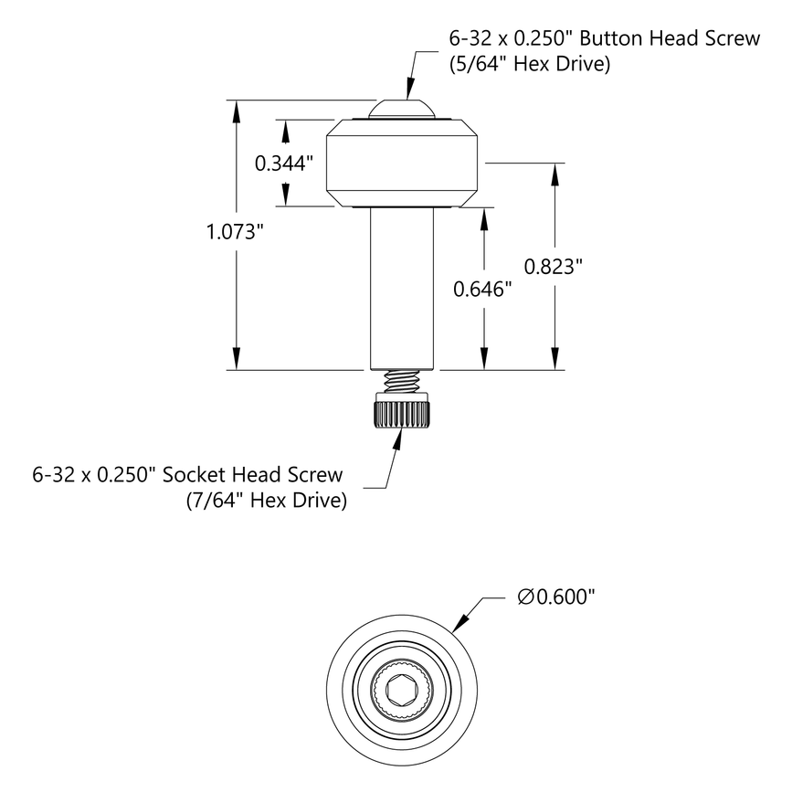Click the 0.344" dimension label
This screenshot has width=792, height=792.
coord(284,164)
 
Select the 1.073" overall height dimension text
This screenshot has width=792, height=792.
coord(235,232)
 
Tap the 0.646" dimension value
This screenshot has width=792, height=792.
coord(482,290)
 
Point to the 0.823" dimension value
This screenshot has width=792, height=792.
coord(554,267)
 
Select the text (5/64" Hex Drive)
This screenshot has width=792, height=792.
coord(529,65)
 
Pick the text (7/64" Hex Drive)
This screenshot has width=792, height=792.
coord(266,501)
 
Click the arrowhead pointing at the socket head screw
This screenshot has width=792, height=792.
coord(399,438)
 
